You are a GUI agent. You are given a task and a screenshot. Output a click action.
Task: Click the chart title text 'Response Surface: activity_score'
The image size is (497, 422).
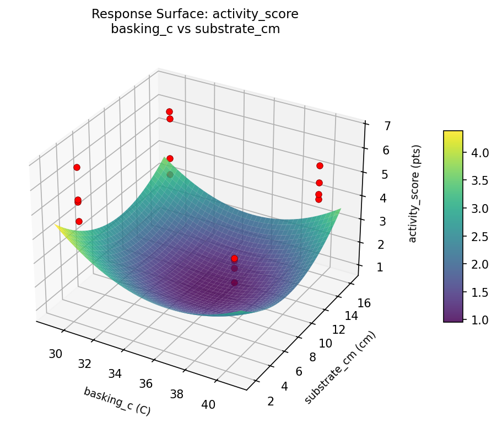pyautogui.click(x=195, y=14)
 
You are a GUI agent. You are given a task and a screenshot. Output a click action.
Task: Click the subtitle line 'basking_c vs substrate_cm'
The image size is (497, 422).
pyautogui.click(x=195, y=29)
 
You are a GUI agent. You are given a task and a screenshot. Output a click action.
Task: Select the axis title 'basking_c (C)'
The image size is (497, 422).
pyautogui.click(x=117, y=401)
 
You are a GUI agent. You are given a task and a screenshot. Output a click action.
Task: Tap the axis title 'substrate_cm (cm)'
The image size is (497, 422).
pyautogui.click(x=340, y=368)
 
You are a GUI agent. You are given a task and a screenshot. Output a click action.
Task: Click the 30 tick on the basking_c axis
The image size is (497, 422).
pyautogui.click(x=55, y=354)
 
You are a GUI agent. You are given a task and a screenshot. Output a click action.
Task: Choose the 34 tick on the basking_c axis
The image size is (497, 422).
pyautogui.click(x=115, y=373)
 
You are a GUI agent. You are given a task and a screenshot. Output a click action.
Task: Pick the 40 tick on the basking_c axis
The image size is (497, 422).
pyautogui.click(x=208, y=404)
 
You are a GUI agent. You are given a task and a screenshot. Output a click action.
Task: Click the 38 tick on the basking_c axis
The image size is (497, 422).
pyautogui.click(x=177, y=394)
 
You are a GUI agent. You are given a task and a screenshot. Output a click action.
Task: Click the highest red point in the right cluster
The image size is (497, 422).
pyautogui.click(x=320, y=165)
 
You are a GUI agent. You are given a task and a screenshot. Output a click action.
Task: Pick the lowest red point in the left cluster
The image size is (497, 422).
pyautogui.click(x=79, y=221)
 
